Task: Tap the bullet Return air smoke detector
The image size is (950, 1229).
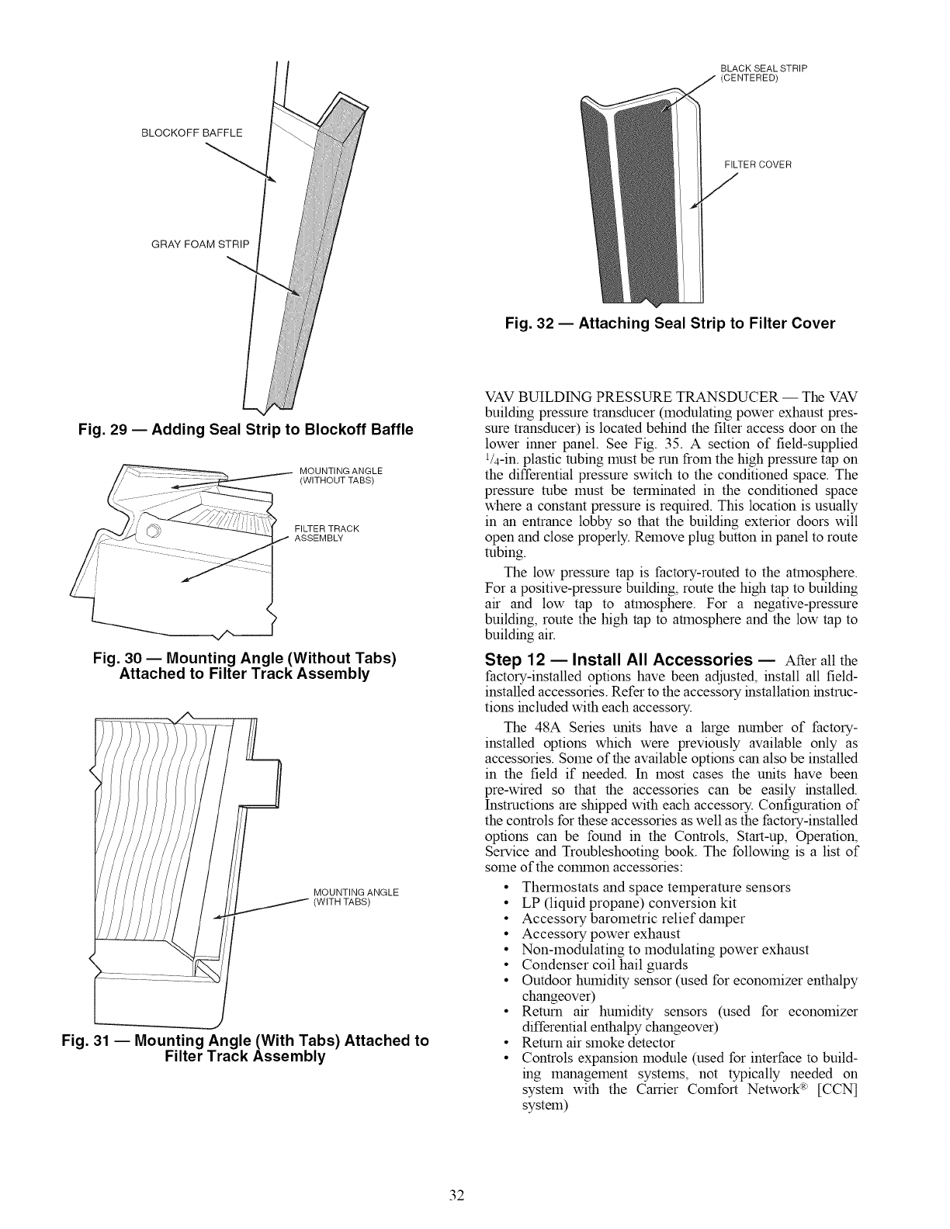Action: pyautogui.click(x=598, y=1043)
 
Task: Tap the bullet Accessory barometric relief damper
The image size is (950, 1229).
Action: pyautogui.click(x=633, y=919)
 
